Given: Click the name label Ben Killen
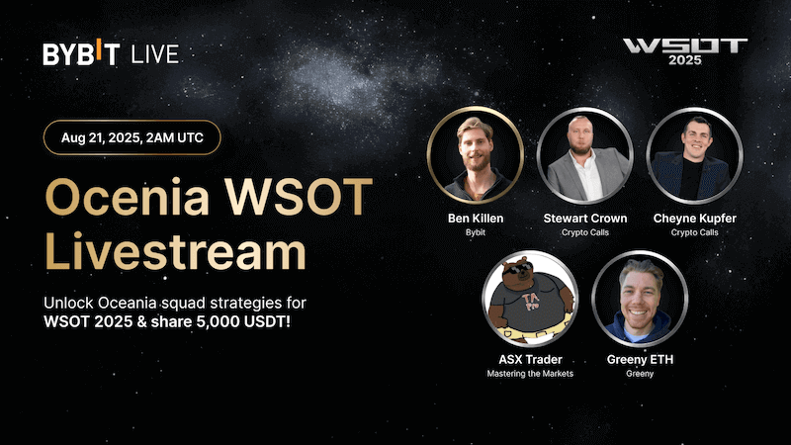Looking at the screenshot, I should click(x=477, y=218).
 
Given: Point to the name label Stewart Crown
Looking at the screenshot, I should click(x=585, y=218).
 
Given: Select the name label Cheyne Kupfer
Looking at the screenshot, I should click(x=694, y=218).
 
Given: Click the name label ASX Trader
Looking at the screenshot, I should click(x=531, y=359).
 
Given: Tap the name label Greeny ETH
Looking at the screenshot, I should click(x=640, y=359).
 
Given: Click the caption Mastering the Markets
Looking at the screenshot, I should click(x=531, y=374).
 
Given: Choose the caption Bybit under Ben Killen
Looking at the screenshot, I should click(x=477, y=232).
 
